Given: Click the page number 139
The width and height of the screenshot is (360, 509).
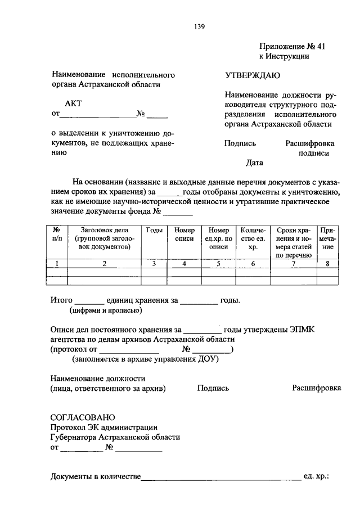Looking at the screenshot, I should point(200,26).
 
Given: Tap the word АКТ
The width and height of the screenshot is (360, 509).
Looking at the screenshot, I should point(74,104).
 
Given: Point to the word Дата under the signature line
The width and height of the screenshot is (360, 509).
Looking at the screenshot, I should point(254,163).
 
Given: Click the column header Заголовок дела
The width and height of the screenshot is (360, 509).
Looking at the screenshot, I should point(104,230).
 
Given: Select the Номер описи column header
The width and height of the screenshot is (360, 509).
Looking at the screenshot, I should point(184,234).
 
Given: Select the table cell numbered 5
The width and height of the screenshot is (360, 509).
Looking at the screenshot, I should point(218,264).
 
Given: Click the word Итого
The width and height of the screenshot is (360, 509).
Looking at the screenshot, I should point(61,300).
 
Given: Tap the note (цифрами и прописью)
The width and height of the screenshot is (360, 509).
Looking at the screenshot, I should point(106,310).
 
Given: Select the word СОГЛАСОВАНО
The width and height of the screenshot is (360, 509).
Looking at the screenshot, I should point(83,417).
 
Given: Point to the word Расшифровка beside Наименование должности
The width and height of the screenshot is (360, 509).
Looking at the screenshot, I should point(317,388).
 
